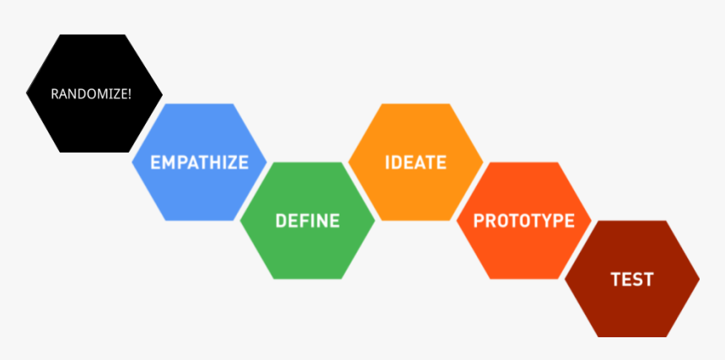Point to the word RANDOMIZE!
tap(91, 94)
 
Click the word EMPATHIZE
tap(199, 162)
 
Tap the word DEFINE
tap(307, 221)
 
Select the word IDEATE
tap(415, 162)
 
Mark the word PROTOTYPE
tap(524, 221)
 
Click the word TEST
tap(631, 279)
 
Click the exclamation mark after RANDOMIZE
tap(129, 94)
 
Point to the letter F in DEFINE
tap(302, 221)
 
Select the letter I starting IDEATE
tap(388, 162)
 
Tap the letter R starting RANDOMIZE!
tap(55, 94)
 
